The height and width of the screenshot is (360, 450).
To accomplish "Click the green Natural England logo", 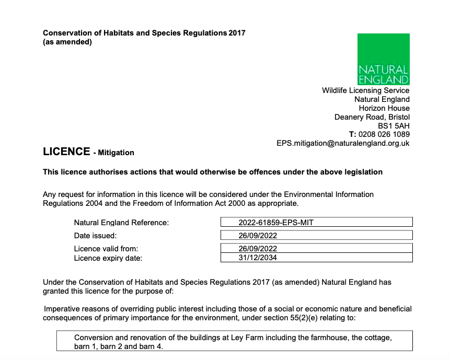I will pyautogui.click(x=383, y=59).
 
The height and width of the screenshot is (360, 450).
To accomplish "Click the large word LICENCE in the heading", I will pyautogui.click(x=66, y=152).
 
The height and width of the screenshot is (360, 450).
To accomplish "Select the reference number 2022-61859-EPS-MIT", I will pyautogui.click(x=275, y=223).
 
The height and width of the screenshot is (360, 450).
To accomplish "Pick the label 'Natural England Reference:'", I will pyautogui.click(x=121, y=223).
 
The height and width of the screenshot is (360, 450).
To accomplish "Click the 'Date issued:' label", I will pyautogui.click(x=95, y=236).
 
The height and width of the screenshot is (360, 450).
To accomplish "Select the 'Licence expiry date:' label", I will pyautogui.click(x=108, y=258).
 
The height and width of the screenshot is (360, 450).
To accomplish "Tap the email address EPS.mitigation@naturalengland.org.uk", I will pyautogui.click(x=343, y=143).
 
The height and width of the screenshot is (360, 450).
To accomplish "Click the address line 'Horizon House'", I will pyautogui.click(x=384, y=108).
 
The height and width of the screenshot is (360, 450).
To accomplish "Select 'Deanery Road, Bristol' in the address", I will pyautogui.click(x=372, y=117).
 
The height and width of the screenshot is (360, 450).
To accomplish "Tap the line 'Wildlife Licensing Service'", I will pyautogui.click(x=365, y=90).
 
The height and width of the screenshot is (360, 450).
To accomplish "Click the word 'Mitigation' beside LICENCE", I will pyautogui.click(x=116, y=153).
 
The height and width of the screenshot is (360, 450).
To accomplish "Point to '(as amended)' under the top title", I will pyautogui.click(x=67, y=42).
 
